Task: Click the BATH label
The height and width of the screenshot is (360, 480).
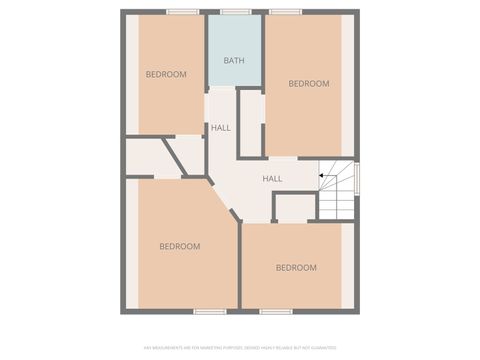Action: point(234,61)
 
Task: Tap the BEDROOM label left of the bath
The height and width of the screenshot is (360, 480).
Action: point(166,75)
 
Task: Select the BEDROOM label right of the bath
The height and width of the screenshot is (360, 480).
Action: point(308,84)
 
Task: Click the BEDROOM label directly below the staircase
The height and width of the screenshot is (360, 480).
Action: point(296,267)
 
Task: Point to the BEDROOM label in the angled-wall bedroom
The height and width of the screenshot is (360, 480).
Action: point(180,246)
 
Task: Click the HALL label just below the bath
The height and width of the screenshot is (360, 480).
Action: point(221,128)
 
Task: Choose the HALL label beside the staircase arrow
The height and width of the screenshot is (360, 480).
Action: point(272,179)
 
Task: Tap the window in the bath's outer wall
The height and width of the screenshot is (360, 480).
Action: point(235,12)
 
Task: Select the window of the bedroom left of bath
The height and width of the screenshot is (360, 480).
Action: point(182,12)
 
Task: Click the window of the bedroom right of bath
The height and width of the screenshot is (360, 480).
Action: point(286,12)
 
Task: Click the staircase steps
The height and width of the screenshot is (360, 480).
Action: point(338,191)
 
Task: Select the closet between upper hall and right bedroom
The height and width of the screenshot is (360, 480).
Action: point(251,123)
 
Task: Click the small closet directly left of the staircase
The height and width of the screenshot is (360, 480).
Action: point(295,208)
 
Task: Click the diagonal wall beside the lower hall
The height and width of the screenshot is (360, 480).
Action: point(226,201)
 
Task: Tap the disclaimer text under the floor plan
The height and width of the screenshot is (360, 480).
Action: point(240,348)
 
